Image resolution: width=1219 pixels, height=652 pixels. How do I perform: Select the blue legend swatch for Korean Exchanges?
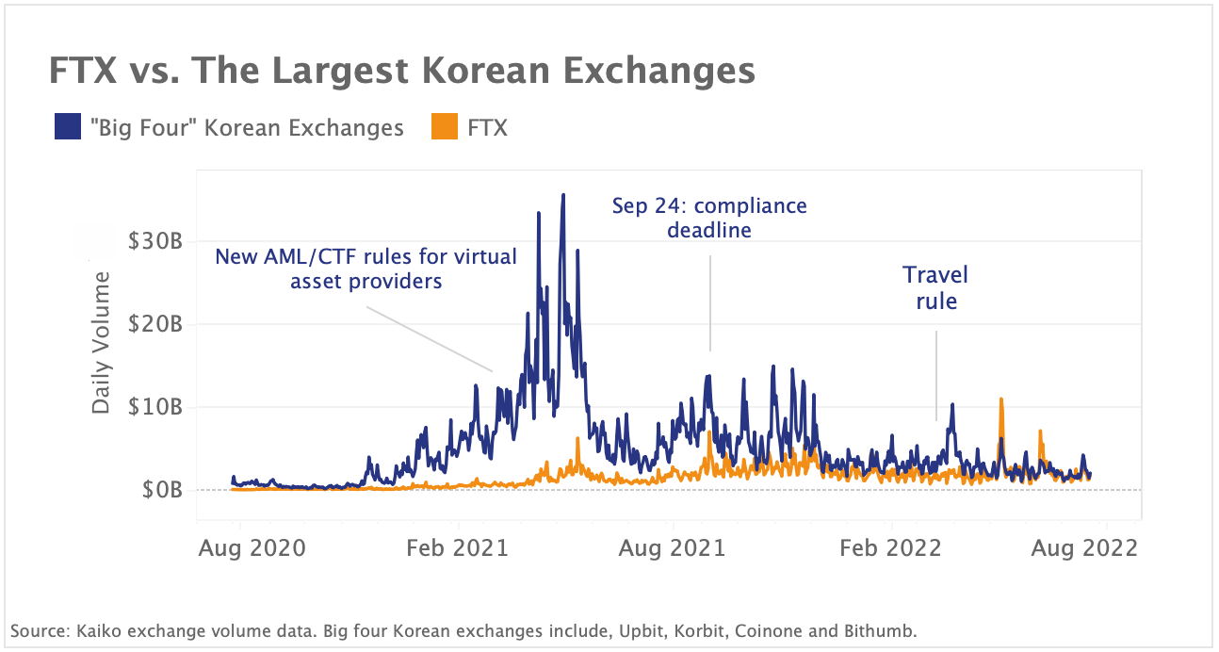(68, 127)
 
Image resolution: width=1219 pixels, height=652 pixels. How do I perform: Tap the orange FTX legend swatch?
(445, 127)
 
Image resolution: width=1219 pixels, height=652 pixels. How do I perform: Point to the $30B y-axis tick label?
(154, 241)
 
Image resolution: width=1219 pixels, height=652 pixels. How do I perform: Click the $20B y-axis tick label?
(154, 324)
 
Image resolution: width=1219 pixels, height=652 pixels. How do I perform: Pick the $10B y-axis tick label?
(154, 407)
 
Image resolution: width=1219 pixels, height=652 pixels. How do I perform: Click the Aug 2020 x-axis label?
(252, 548)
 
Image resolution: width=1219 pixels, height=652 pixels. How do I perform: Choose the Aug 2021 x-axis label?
(672, 548)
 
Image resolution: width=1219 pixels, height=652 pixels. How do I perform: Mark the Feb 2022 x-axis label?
(890, 548)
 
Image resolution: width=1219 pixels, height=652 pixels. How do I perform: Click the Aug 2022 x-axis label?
(1083, 548)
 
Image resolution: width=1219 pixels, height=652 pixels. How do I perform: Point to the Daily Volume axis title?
(101, 342)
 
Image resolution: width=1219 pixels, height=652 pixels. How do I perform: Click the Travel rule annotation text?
(935, 288)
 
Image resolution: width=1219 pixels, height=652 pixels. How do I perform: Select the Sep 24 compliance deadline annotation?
(709, 218)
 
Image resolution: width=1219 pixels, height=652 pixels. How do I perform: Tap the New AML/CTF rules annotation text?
(366, 269)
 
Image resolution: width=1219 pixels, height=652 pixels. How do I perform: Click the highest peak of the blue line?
(563, 196)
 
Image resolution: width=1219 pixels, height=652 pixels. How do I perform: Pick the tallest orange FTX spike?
(1001, 399)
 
